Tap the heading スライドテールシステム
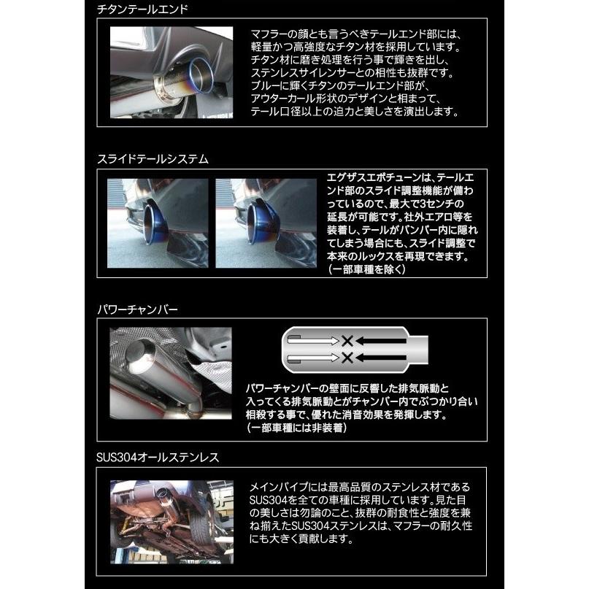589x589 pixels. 152,158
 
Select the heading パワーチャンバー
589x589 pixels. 137,309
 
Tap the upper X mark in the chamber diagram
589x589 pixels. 348,339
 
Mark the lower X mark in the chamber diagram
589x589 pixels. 348,357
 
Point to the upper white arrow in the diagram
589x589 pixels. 314,339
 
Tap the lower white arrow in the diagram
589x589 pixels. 314,357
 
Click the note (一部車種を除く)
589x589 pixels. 367,269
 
